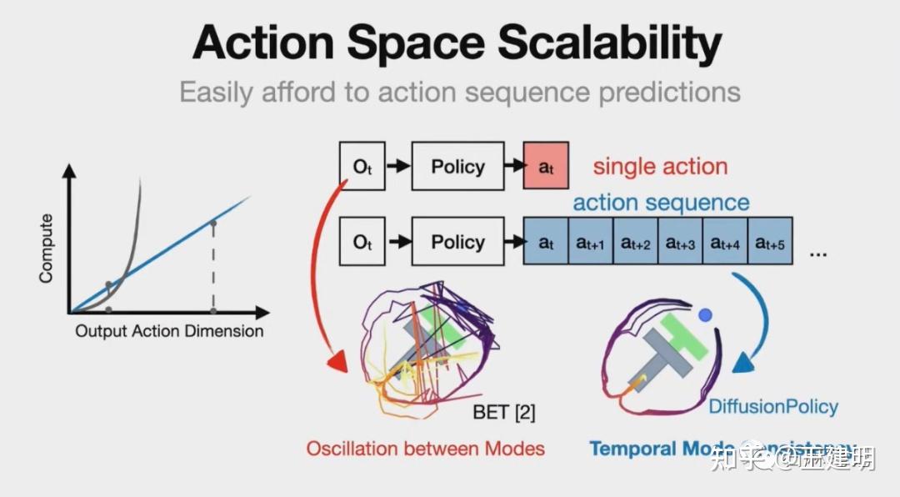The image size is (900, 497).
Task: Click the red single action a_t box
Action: point(546,167)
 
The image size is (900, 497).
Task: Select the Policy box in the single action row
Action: point(457,167)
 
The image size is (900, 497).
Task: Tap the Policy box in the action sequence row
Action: point(457,243)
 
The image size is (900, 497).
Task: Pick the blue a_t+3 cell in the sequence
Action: point(680,243)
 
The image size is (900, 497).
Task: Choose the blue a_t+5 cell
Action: point(770,243)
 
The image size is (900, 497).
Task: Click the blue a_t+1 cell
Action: point(590,243)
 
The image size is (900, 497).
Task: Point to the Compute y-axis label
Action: point(47,248)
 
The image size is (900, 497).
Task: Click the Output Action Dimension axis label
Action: point(169,331)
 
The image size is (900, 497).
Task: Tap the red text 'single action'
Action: point(660,167)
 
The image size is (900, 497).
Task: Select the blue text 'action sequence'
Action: point(661,203)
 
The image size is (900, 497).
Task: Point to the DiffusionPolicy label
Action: point(773,407)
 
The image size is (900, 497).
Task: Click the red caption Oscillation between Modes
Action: point(425,449)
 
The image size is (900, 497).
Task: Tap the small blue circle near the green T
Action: point(706,316)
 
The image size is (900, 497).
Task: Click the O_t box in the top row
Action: point(362,167)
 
